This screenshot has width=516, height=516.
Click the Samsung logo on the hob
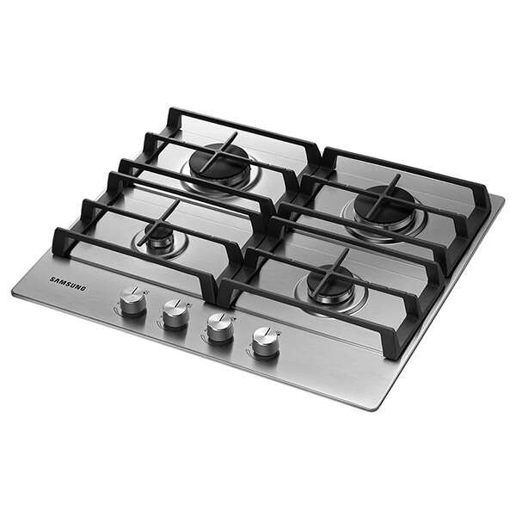coord(68,284)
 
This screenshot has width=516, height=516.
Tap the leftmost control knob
coord(132,301)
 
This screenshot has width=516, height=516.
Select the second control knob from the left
coord(176,313)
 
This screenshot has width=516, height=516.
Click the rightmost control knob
coord(266,342)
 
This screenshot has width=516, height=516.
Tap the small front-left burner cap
coord(159,234)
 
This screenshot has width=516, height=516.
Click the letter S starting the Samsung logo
coord(52,279)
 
